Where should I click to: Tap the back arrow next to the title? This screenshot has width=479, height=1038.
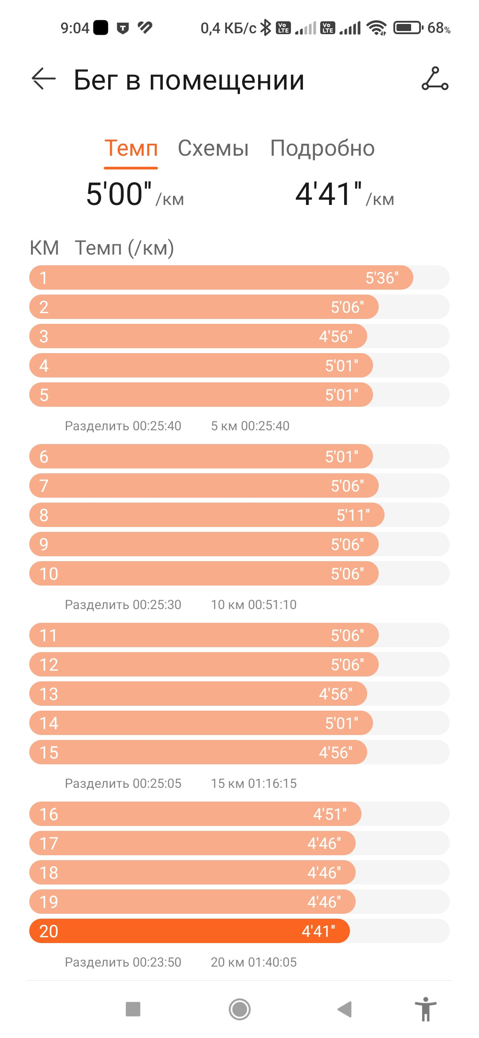click(x=44, y=79)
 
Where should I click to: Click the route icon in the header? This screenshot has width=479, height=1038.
click(x=435, y=79)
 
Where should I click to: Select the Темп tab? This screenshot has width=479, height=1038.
click(x=131, y=148)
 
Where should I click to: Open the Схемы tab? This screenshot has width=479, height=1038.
click(x=213, y=148)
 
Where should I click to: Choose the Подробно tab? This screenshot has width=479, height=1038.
click(x=322, y=148)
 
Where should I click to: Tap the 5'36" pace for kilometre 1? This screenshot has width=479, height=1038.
click(x=382, y=278)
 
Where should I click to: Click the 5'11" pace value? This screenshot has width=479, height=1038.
click(x=353, y=515)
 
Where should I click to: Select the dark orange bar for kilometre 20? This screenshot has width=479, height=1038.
click(x=189, y=931)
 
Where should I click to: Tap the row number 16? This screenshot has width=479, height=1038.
click(x=49, y=814)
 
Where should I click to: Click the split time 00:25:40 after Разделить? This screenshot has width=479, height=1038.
click(x=157, y=426)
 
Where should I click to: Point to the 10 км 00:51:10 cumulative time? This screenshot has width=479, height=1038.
click(x=254, y=605)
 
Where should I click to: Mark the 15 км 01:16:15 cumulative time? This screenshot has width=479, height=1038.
click(x=254, y=783)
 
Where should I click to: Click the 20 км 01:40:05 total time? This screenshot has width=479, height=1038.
click(x=254, y=962)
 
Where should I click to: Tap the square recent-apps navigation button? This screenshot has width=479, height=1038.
click(x=133, y=1009)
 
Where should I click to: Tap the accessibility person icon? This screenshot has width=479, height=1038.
click(x=426, y=1009)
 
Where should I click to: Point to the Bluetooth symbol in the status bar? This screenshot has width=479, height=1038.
click(x=266, y=28)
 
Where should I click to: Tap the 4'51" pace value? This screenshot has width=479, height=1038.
click(x=330, y=814)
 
